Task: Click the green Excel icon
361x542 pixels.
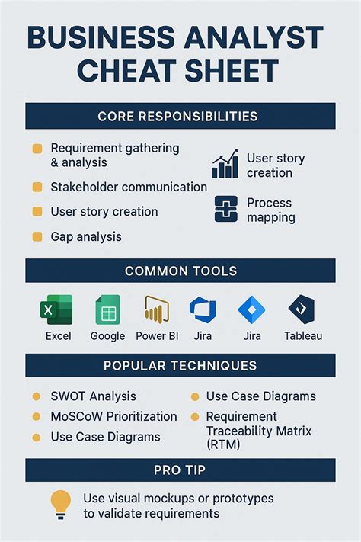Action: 55,310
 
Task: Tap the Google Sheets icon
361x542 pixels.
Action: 107,310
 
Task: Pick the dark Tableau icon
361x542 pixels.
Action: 302,310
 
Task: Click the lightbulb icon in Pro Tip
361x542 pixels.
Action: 60,504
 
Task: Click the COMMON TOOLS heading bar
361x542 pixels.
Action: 180,271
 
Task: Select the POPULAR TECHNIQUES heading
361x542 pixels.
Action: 180,366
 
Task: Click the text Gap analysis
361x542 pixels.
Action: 86,237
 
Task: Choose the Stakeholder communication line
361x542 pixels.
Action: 128,187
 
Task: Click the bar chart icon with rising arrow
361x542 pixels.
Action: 225,165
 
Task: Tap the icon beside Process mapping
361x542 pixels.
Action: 226,209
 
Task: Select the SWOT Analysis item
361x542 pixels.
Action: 93,396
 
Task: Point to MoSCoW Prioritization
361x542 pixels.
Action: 113,417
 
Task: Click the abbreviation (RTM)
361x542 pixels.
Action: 223,444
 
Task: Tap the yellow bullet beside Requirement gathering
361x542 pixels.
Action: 37,149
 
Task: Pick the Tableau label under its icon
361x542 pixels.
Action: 303,336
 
